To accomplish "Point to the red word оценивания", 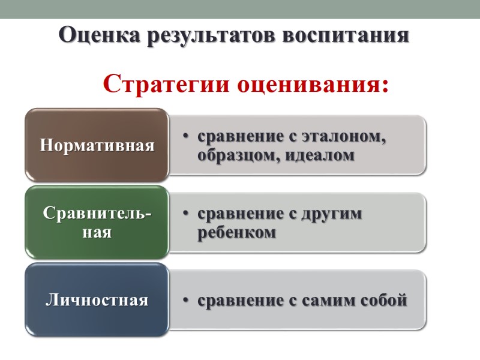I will click(x=313, y=83).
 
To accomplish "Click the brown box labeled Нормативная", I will click(x=97, y=145).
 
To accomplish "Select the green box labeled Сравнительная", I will click(x=97, y=223).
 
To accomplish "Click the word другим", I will click(x=329, y=214).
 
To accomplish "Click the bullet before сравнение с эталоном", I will click(x=186, y=137).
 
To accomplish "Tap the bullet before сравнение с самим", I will click(x=186, y=300).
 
